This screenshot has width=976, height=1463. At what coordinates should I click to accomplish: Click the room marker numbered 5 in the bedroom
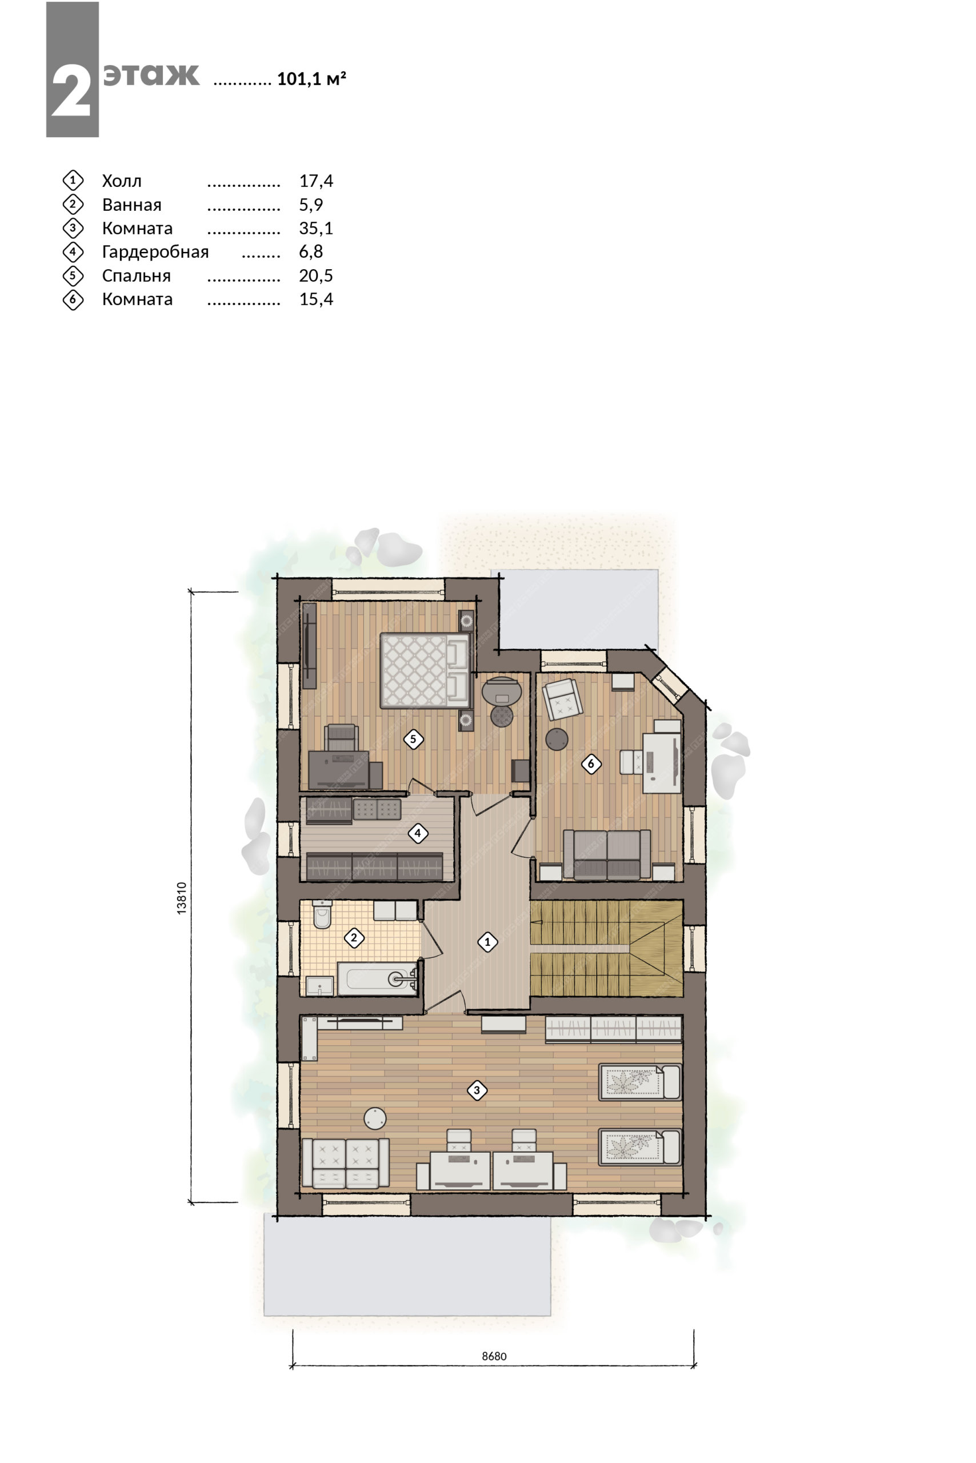click(413, 739)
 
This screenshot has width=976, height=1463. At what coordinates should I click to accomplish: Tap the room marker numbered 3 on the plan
click(477, 1090)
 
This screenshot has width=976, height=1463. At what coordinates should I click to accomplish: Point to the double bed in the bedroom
click(425, 670)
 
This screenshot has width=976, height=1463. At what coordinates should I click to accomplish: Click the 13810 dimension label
click(182, 897)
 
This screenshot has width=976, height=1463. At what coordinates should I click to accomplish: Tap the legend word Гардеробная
click(155, 252)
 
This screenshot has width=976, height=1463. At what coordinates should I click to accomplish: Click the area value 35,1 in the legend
click(316, 229)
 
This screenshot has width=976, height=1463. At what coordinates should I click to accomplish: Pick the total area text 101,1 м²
click(311, 79)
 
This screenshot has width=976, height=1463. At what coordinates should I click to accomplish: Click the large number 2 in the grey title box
click(71, 91)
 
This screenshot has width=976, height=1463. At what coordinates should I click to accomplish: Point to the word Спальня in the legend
click(137, 276)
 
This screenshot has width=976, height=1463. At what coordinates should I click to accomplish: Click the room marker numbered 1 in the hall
click(487, 942)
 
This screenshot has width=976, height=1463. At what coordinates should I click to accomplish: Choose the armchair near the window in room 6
click(563, 698)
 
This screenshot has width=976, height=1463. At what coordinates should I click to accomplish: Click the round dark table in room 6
click(557, 739)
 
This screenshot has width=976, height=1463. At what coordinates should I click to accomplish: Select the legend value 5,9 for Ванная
click(311, 205)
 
